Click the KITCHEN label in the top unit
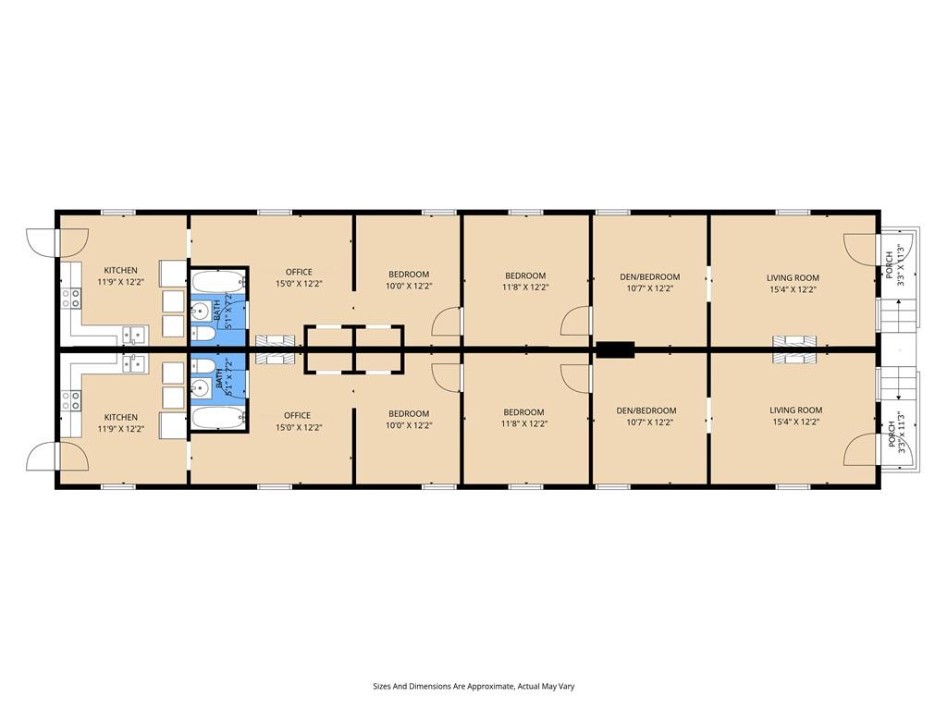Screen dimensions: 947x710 (121, 271)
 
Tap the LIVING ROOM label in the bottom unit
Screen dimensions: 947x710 (796, 410)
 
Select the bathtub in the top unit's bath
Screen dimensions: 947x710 (218, 282)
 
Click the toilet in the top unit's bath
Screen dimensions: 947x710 (203, 334)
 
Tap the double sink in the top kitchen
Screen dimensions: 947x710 (135, 335)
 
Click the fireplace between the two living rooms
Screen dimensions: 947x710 (794, 349)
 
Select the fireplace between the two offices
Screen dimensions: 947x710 (276, 349)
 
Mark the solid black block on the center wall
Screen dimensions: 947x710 (615, 349)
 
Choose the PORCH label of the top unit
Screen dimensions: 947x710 (889, 264)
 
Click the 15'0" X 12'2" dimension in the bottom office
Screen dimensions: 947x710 (299, 427)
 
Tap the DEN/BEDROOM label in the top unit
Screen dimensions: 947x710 (650, 277)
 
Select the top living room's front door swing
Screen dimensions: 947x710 (860, 248)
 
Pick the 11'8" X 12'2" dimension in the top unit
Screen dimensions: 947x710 (525, 288)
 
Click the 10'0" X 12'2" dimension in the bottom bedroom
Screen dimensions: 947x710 (409, 425)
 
